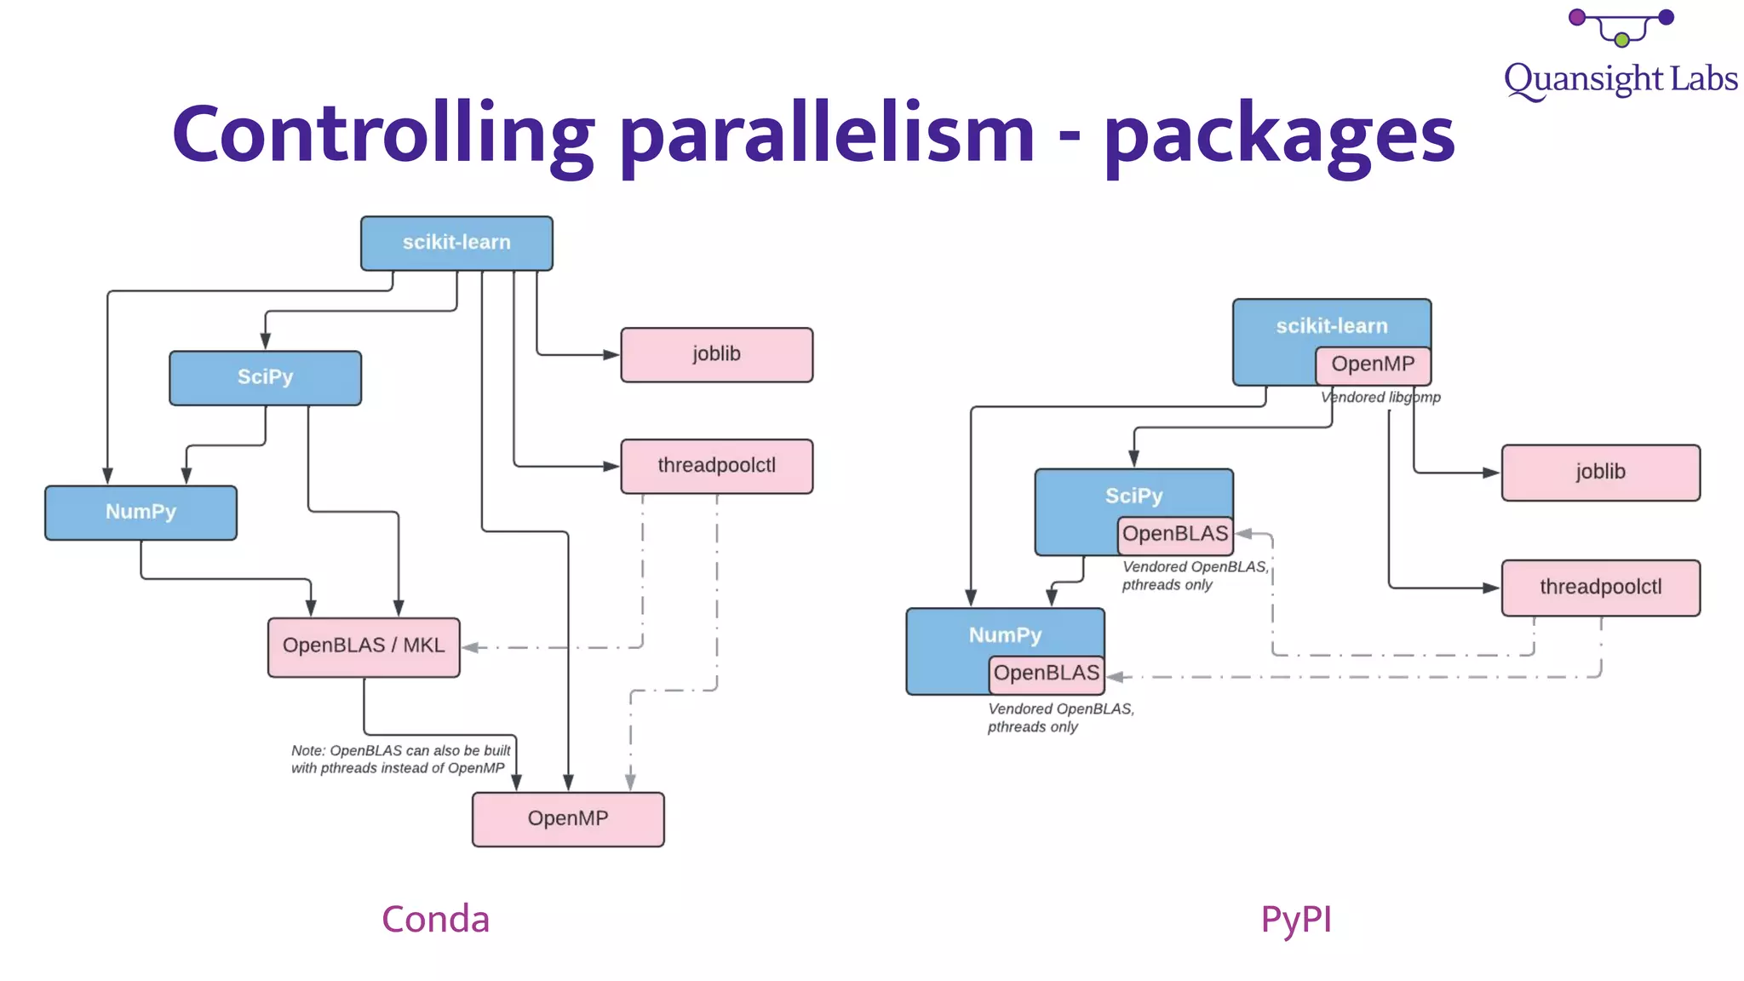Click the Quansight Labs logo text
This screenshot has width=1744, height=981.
[1620, 79]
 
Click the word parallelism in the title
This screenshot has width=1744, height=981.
[826, 135]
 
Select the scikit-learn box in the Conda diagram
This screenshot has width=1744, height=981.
[456, 244]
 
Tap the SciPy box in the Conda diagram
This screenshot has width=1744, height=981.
[265, 377]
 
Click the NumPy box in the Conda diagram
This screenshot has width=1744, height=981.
[141, 513]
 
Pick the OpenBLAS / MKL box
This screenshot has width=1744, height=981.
[364, 646]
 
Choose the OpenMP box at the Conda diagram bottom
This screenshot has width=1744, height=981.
[568, 819]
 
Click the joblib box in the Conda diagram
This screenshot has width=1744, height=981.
[716, 354]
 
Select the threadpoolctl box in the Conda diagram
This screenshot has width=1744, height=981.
[716, 466]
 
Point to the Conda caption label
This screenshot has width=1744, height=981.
[435, 920]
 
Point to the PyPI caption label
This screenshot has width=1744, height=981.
[1295, 920]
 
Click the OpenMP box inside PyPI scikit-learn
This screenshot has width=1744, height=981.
[1373, 365]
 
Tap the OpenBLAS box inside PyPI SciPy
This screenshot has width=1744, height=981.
[1174, 535]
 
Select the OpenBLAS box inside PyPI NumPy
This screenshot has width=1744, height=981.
[1046, 674]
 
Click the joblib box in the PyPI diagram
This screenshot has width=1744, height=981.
[1600, 473]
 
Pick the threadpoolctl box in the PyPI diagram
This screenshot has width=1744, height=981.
[1600, 588]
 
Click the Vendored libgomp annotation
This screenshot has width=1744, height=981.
[1380, 398]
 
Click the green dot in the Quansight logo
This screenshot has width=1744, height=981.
[1621, 40]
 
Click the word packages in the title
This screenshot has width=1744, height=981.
[1278, 135]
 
